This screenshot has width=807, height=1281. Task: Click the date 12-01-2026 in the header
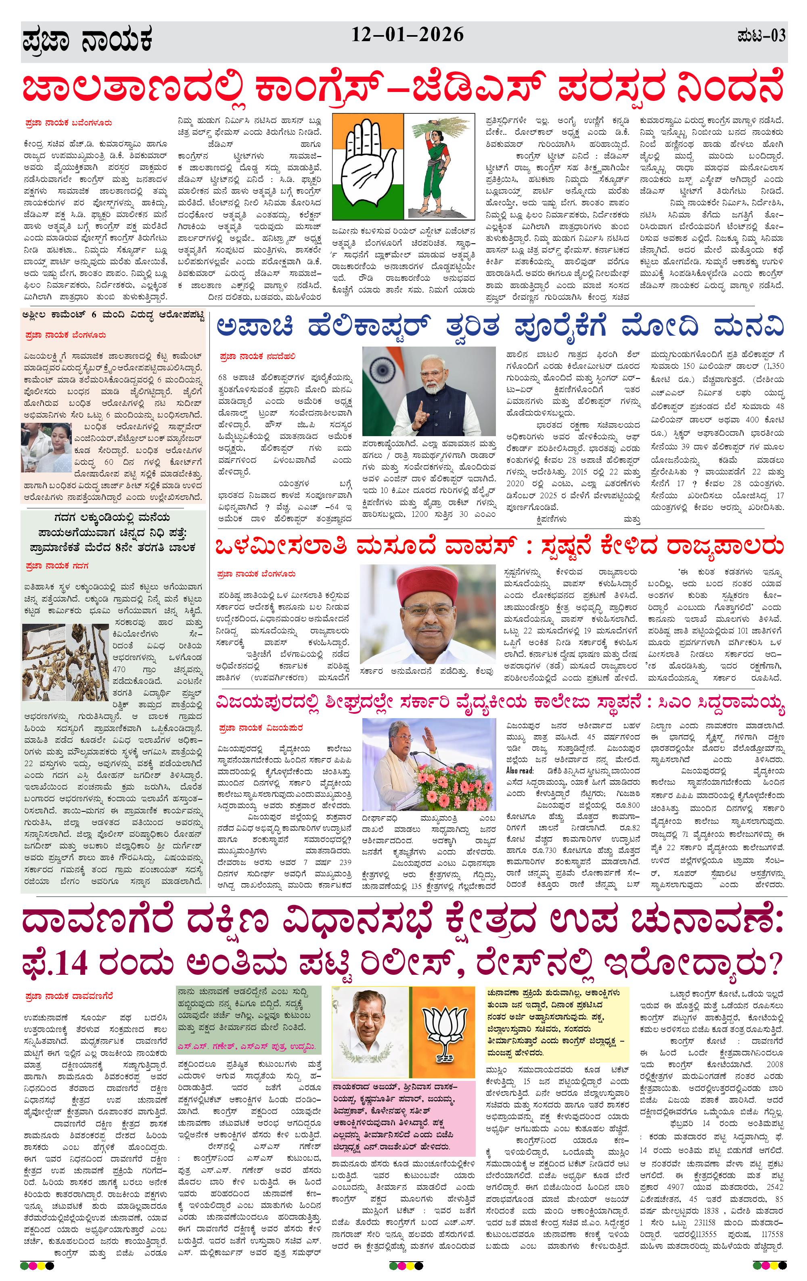tap(407, 35)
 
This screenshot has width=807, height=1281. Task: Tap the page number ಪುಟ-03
tap(761, 37)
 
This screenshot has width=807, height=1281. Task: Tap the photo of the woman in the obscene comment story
tap(46, 447)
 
